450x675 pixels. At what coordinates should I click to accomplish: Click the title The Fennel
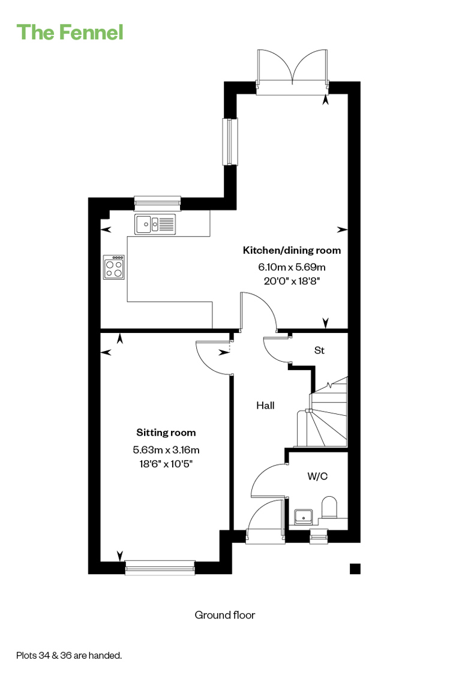(70, 33)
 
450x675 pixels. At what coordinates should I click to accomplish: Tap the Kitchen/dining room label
(292, 250)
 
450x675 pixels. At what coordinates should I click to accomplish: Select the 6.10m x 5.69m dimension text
(292, 267)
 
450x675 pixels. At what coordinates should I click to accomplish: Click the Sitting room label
(166, 433)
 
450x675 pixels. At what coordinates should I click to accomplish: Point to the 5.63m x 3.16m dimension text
(166, 450)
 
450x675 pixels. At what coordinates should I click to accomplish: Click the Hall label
(265, 405)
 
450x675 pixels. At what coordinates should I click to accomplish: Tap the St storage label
(319, 350)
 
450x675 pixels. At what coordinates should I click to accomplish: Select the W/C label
(317, 476)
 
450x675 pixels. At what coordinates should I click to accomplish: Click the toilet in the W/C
(329, 507)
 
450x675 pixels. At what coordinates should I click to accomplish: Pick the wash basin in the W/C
(303, 516)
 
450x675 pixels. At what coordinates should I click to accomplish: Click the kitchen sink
(155, 224)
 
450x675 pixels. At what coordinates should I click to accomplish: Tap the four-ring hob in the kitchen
(114, 267)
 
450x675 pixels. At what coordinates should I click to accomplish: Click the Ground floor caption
(225, 615)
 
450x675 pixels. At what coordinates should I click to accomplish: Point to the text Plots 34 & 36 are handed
(69, 656)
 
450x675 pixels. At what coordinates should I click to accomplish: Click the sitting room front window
(160, 568)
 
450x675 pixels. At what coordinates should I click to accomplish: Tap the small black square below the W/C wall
(355, 569)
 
